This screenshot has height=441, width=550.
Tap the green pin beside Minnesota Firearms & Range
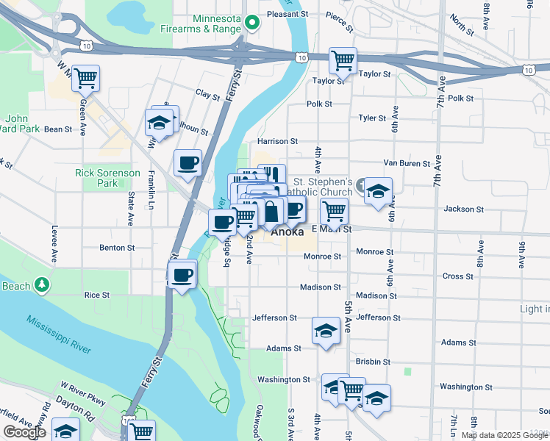coord(251,24)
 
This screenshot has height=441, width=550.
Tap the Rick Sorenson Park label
coord(107,178)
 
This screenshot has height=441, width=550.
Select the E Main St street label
coord(332,229)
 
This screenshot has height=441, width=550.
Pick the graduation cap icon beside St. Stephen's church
coord(378,191)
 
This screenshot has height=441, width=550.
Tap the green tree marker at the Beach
coord(43,284)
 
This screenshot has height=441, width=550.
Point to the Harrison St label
coord(277,141)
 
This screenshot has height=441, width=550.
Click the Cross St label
coord(458,276)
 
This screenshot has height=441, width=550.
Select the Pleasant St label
coord(287,14)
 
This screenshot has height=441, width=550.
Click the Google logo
coord(25,432)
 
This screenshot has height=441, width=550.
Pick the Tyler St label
coord(372,118)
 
